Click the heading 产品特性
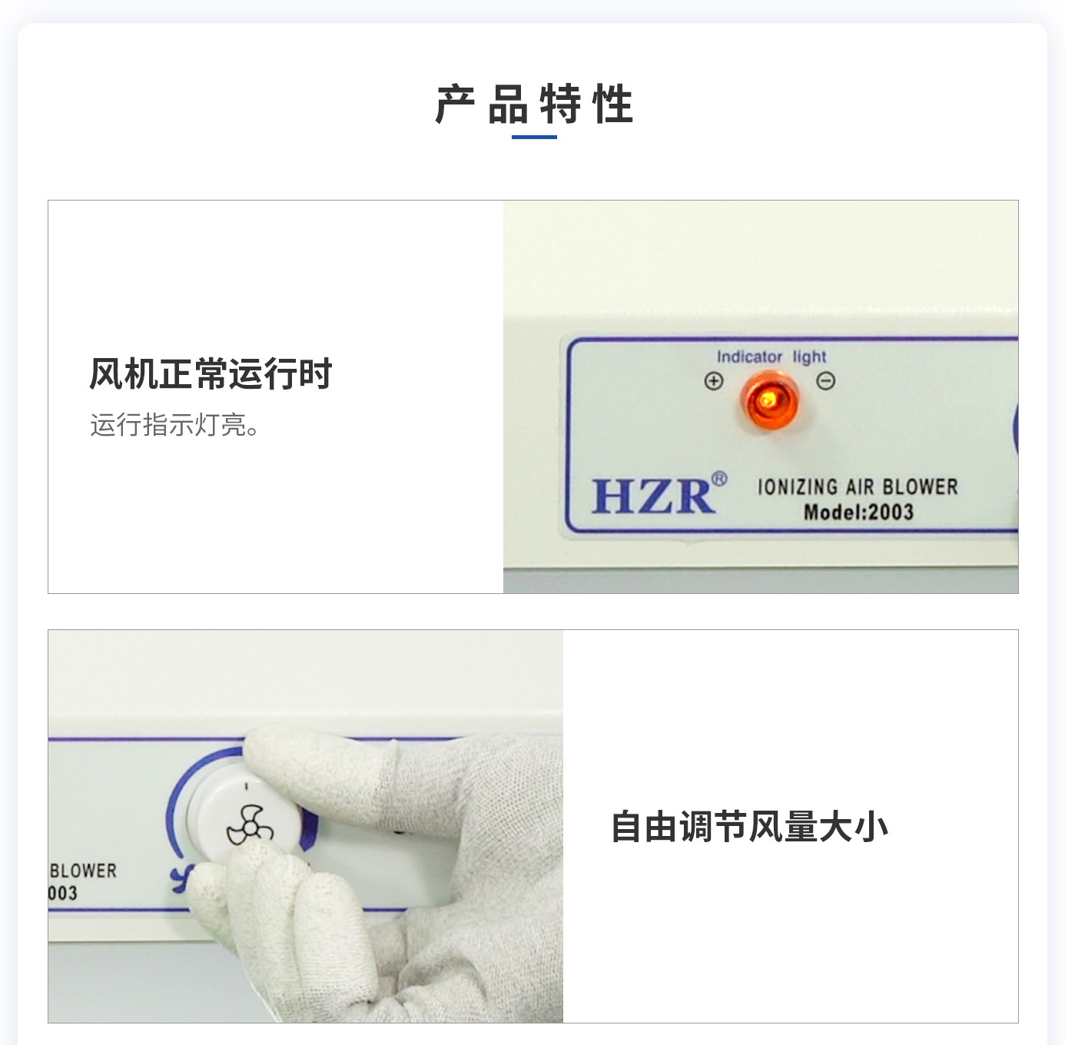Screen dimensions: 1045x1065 coord(534,104)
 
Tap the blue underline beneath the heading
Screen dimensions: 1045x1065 coord(534,138)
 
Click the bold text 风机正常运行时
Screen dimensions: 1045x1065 coord(211,374)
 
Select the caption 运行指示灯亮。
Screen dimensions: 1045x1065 coord(175,424)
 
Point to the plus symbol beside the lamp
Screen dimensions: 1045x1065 coord(714,381)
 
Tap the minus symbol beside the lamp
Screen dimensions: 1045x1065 coord(825,380)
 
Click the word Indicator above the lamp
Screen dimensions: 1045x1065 coord(749,357)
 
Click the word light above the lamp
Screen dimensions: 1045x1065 coord(809,357)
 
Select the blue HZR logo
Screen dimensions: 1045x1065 coord(652,496)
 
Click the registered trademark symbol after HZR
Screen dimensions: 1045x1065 coord(718,479)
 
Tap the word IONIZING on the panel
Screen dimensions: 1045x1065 coord(797,487)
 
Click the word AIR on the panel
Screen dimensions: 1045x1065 coord(860,487)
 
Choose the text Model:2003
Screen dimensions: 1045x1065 coord(858,512)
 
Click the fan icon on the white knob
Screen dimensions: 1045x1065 coord(249,827)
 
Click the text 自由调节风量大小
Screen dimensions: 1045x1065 coord(749,827)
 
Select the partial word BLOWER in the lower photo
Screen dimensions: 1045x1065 coord(83,871)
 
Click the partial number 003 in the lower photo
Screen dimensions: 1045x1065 coord(63,893)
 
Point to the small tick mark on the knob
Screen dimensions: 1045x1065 coord(246,787)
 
